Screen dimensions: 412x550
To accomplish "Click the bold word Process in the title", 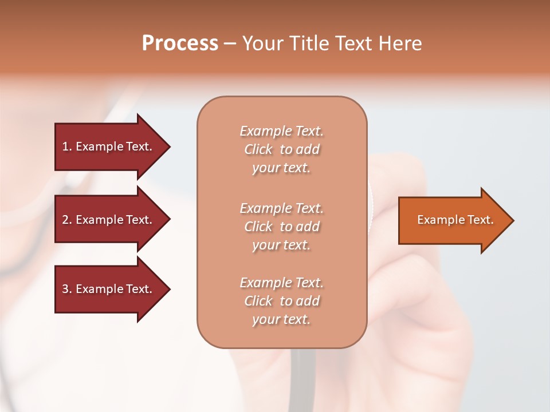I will coord(180,43).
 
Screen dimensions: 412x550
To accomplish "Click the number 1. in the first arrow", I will coord(66,146).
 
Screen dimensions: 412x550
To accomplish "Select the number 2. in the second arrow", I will coord(66,220).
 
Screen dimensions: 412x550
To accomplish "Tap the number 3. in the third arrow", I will coord(66,289).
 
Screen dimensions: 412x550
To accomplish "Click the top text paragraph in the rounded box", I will coord(281,149).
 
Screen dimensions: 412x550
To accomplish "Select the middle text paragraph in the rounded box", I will coord(281,227).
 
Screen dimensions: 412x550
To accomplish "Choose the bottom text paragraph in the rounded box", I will coord(281,301).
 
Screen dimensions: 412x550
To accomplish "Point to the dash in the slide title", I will coord(230,43).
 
